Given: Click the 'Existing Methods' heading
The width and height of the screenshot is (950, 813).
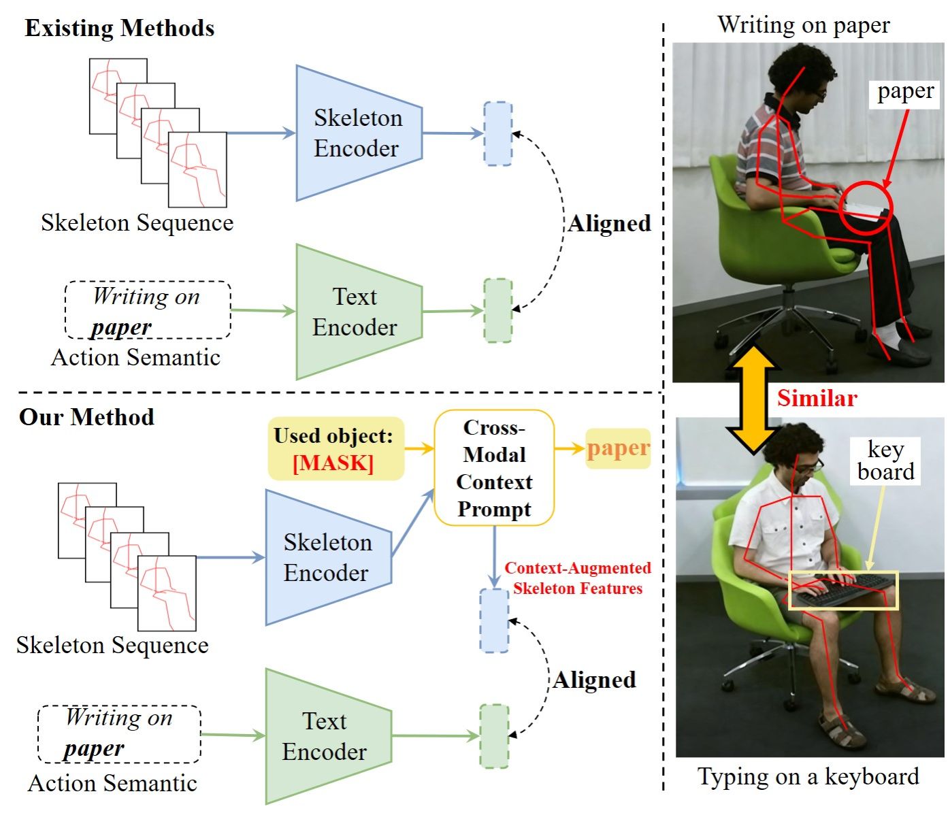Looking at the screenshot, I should (120, 28).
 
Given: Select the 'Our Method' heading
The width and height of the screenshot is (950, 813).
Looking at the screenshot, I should (86, 416).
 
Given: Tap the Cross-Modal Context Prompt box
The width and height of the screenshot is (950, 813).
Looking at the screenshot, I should (494, 468).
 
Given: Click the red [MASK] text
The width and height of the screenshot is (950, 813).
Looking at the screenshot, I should (333, 463).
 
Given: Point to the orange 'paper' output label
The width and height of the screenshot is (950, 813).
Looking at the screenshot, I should (619, 448).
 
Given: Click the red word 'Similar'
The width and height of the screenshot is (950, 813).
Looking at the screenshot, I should (817, 398).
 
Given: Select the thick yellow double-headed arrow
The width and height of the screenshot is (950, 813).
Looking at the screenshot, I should (753, 399).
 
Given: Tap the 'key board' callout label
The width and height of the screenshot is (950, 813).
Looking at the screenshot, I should (885, 461).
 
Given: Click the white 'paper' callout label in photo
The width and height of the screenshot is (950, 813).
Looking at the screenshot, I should (905, 92).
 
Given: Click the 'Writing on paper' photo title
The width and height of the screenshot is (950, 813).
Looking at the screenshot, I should (804, 24).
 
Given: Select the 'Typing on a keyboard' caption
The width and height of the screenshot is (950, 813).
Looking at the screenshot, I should (808, 776).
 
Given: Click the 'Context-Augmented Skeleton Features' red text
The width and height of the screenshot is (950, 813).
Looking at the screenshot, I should (578, 578).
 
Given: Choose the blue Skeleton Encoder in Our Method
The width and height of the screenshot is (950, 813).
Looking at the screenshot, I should (328, 557).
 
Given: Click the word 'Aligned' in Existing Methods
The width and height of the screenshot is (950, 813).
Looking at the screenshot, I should (609, 223).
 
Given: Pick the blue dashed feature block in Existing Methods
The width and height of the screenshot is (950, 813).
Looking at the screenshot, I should (497, 134).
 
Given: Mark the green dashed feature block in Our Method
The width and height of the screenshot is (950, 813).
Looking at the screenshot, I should (494, 736).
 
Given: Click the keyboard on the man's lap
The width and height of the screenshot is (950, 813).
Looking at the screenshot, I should (844, 589).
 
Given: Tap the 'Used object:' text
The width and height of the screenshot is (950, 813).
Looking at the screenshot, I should (333, 435).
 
